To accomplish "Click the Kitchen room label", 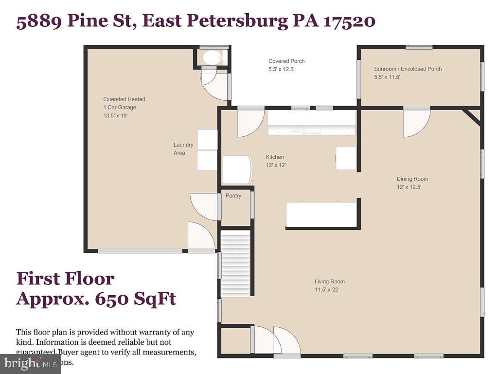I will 275,157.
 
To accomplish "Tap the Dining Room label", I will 412,179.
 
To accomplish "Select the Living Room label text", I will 329,281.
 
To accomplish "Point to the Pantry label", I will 233,196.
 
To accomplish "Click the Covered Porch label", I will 286,61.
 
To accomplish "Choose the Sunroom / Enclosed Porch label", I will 408,69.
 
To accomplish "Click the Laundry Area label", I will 183,149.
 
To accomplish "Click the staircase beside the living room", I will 235,263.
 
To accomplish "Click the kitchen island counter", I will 321,215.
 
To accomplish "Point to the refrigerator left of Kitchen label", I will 237,169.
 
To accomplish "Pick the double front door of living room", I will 275,340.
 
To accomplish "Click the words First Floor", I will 65,279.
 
